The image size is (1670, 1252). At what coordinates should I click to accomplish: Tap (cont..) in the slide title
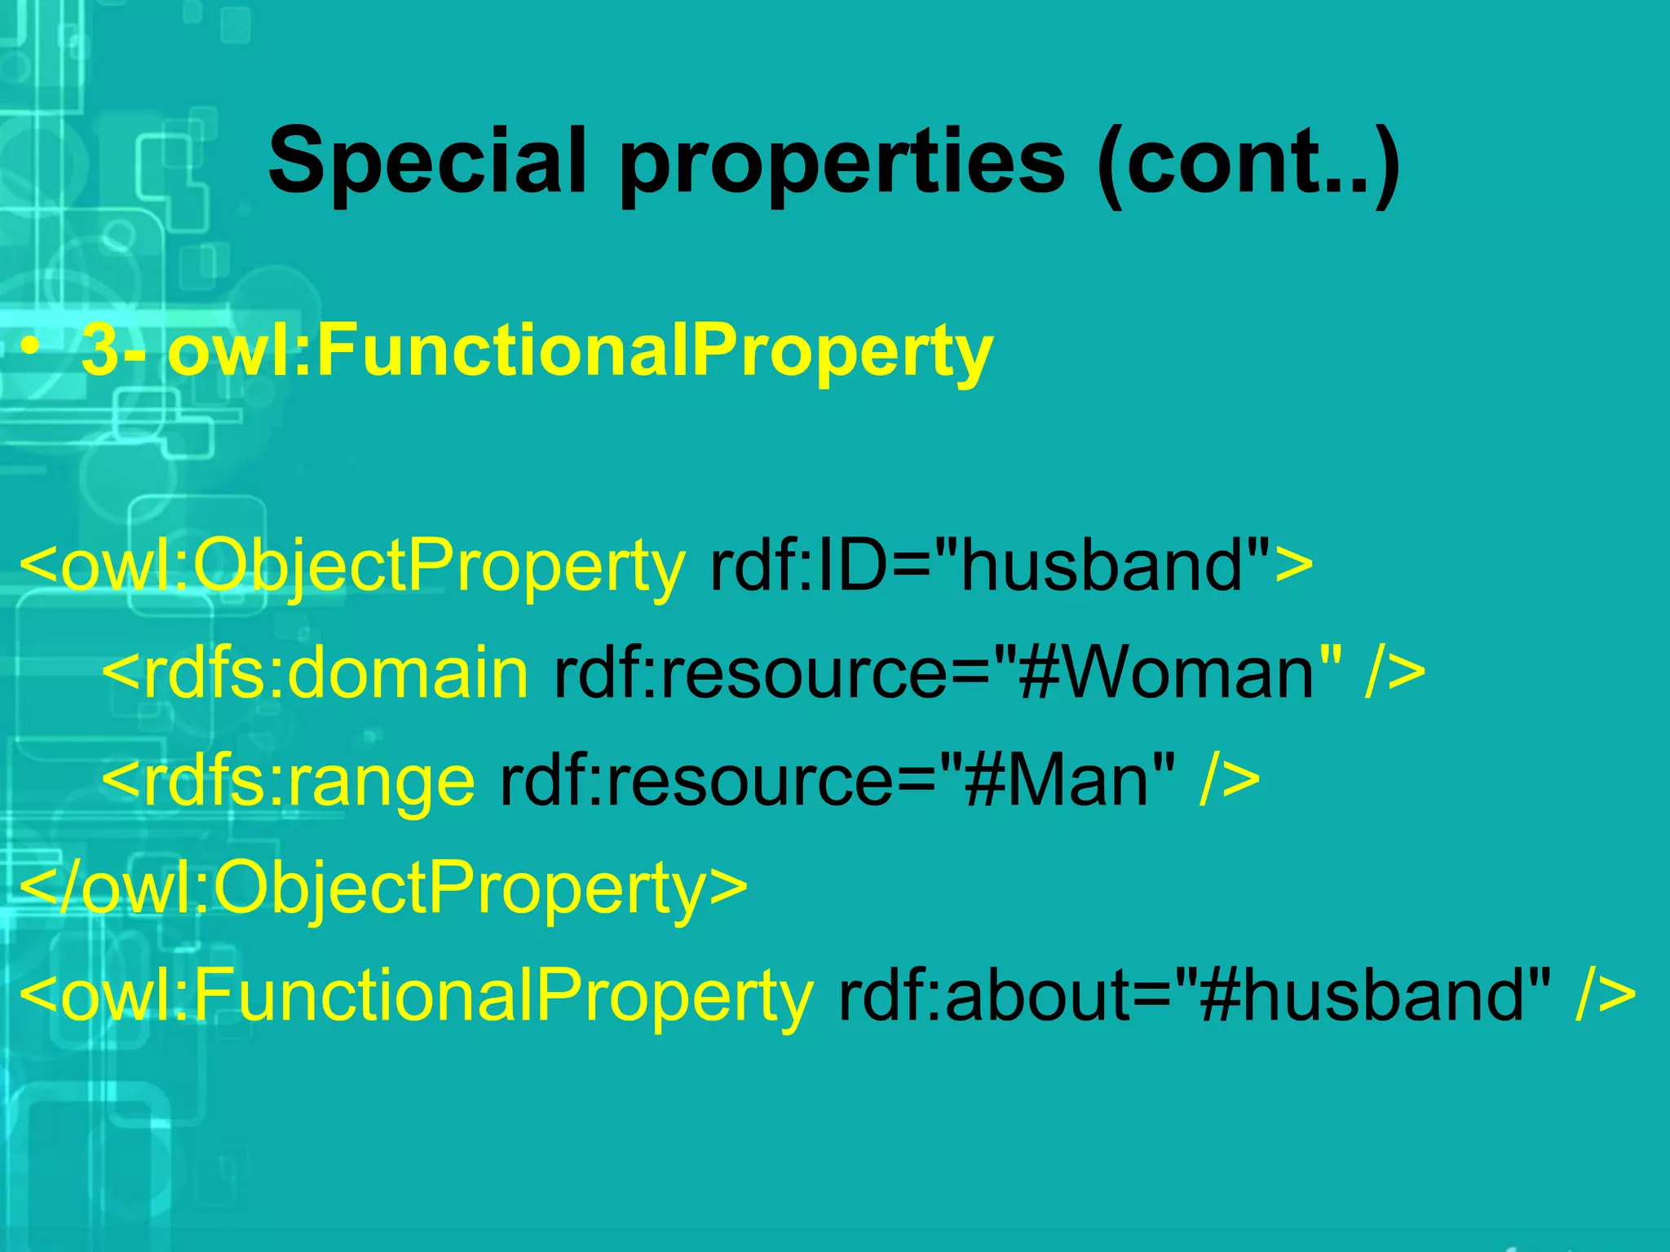tap(1248, 163)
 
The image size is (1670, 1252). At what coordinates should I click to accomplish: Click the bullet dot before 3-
tap(30, 348)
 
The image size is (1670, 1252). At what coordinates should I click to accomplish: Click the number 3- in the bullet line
tap(114, 350)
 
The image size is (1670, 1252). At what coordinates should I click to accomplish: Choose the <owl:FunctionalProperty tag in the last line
tap(416, 996)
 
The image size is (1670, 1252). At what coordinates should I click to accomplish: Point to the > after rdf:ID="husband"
tap(1294, 565)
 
